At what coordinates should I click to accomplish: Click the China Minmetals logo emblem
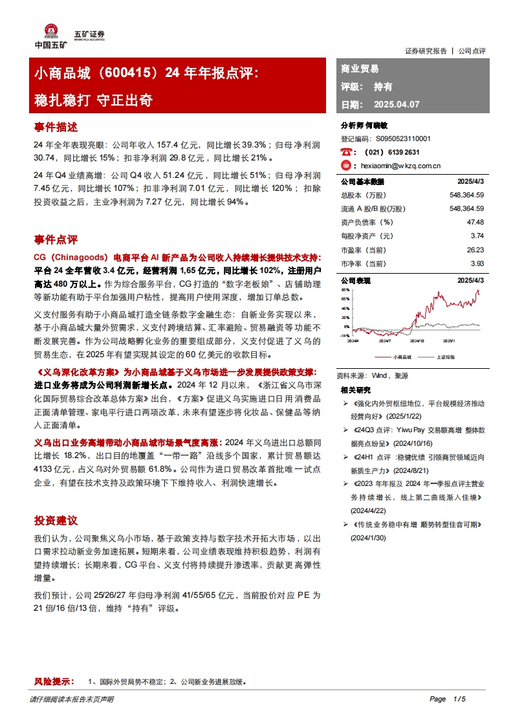(50, 32)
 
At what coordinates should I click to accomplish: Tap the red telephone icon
(346, 152)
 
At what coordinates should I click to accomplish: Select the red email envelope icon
(346, 166)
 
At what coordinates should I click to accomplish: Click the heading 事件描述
(56, 127)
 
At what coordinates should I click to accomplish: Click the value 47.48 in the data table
(475, 222)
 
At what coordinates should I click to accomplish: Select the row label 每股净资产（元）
(367, 236)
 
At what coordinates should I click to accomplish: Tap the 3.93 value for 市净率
(477, 264)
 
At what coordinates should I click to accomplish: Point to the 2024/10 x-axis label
(417, 340)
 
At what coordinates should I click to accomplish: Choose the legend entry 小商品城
(402, 357)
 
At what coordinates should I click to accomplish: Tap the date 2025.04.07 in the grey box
(397, 104)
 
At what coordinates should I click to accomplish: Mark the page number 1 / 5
(460, 699)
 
